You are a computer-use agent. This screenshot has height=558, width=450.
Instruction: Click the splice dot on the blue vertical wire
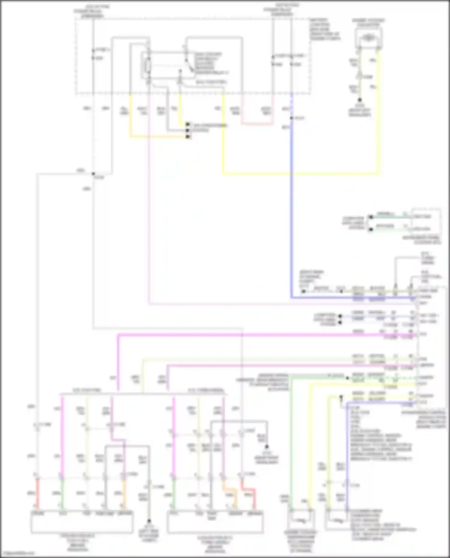pos(291,118)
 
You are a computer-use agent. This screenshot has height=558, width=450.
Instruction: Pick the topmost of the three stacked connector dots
pos(188,124)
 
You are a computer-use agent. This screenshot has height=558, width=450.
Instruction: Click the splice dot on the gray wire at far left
pos(93,174)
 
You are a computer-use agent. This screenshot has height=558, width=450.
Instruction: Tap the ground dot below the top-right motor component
pos(359,100)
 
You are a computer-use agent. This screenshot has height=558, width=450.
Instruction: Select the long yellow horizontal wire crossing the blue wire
pos(300,173)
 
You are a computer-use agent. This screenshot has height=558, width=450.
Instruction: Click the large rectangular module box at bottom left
pos(82,522)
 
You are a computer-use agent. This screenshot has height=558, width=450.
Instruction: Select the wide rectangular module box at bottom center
pos(215,522)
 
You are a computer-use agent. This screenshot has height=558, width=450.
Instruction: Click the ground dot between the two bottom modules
pos(149,521)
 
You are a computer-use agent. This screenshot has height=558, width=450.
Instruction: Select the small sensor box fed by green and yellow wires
pos(301,521)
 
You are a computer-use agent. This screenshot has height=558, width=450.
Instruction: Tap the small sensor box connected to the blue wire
pos(337,521)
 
